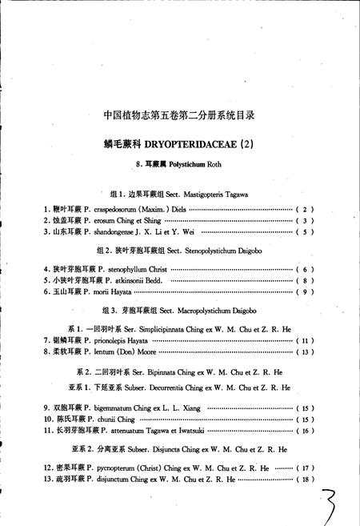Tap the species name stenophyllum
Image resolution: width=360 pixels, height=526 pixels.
tap(118, 269)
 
